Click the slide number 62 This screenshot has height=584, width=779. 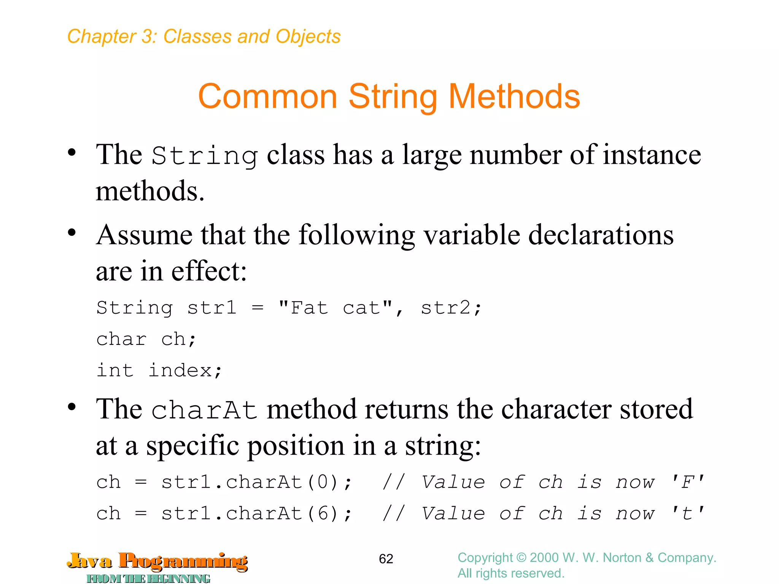point(386,559)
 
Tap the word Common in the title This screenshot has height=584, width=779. point(267,97)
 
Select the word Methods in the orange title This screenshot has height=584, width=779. point(514,97)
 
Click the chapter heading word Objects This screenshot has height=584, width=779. point(308,36)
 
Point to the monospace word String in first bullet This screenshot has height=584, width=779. point(205,156)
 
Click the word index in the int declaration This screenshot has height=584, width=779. point(180,370)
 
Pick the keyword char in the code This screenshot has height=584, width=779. point(121,339)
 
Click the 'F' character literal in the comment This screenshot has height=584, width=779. point(688,482)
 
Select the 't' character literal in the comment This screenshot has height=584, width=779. point(688,514)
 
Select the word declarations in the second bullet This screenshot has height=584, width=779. point(601,235)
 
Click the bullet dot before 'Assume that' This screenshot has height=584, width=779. point(72,232)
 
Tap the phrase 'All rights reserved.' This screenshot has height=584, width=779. point(511,573)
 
